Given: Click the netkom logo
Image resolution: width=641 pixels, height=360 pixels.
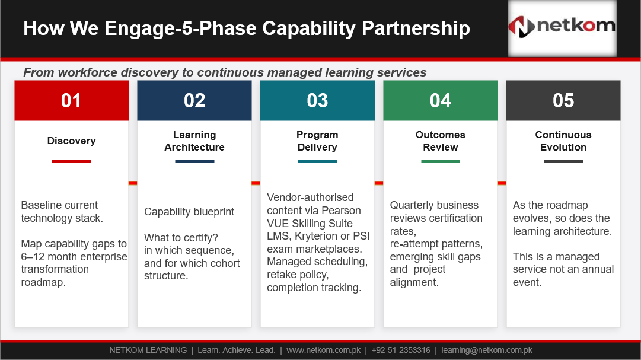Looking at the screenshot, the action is click(x=562, y=27).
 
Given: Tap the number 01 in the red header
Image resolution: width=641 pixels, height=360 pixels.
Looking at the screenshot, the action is click(x=71, y=101).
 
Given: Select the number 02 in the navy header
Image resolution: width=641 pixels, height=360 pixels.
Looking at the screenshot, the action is click(x=194, y=101).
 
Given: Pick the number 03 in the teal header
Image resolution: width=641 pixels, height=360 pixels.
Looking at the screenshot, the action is click(x=317, y=101).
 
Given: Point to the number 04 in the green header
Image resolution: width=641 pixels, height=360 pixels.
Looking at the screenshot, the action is click(x=440, y=101).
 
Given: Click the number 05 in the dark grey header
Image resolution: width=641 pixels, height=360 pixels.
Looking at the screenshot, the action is click(x=563, y=101).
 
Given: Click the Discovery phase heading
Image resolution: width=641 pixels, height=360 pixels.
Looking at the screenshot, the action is click(x=72, y=141).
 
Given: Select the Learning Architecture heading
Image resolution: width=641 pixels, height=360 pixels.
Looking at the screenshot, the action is click(x=194, y=141).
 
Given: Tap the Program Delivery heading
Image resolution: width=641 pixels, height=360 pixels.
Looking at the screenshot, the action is click(x=317, y=141).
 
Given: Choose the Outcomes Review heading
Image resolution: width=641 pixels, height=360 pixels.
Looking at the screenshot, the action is click(x=440, y=141).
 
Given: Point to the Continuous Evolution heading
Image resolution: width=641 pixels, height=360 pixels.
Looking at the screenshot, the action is click(x=563, y=141).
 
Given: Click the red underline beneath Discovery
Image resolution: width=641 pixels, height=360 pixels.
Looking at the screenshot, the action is click(x=71, y=161).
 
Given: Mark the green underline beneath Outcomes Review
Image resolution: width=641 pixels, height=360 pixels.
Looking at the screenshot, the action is click(x=440, y=161).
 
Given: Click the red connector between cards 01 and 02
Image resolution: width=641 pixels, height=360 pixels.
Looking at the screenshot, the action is click(x=133, y=183).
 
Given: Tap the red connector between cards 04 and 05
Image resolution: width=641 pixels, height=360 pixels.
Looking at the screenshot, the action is click(x=502, y=183).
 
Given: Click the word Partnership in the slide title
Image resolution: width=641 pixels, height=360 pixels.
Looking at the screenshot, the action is click(x=416, y=28).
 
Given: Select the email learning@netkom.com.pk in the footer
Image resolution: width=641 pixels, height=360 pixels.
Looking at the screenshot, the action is click(x=487, y=350).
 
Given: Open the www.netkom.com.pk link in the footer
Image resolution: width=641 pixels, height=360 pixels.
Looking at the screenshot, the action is click(x=323, y=350).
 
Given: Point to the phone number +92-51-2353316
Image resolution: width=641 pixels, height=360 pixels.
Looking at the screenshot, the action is click(x=401, y=350).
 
